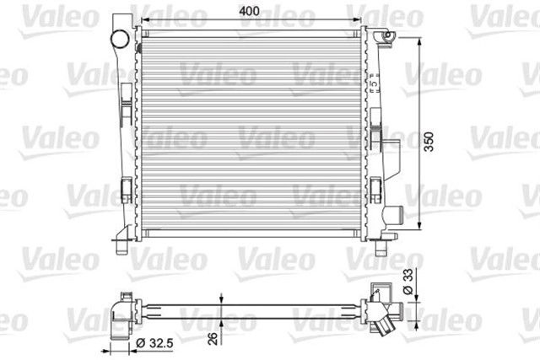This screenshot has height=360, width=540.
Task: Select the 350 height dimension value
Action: pyautogui.click(x=430, y=142)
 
